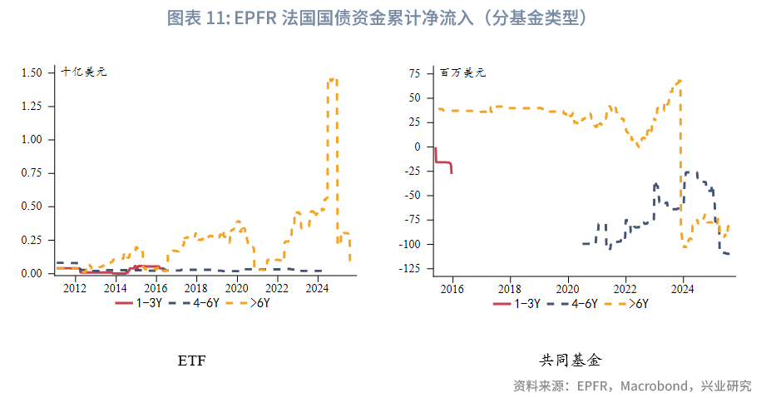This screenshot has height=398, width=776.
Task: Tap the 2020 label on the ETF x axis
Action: point(236,288)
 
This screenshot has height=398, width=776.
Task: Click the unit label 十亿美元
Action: point(83,72)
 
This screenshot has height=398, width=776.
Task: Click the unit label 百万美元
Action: point(462,72)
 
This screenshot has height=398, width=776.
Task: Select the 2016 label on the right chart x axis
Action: point(452,288)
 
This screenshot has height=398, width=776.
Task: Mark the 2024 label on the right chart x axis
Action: point(683,288)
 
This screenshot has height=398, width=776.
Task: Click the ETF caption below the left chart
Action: point(191,361)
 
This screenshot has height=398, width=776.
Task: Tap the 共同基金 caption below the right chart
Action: point(570,361)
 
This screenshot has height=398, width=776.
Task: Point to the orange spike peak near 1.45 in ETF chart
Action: point(332,80)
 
